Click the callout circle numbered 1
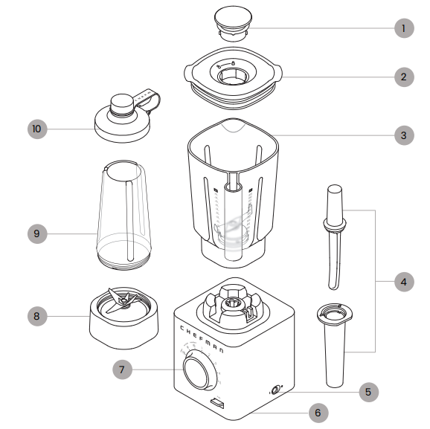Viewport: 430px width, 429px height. tap(403, 28)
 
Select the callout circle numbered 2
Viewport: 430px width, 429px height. tap(403, 77)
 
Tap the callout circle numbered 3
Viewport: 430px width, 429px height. tap(403, 135)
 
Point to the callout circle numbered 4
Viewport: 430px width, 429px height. tap(403, 282)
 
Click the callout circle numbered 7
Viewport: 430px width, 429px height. tap(124, 368)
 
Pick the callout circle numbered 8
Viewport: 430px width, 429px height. tap(37, 316)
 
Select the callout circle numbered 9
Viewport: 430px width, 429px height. tap(37, 233)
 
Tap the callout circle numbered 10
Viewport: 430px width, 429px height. tap(37, 129)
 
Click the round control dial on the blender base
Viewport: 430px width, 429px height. tap(197, 371)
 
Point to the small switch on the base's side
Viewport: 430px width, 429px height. tap(275, 390)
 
